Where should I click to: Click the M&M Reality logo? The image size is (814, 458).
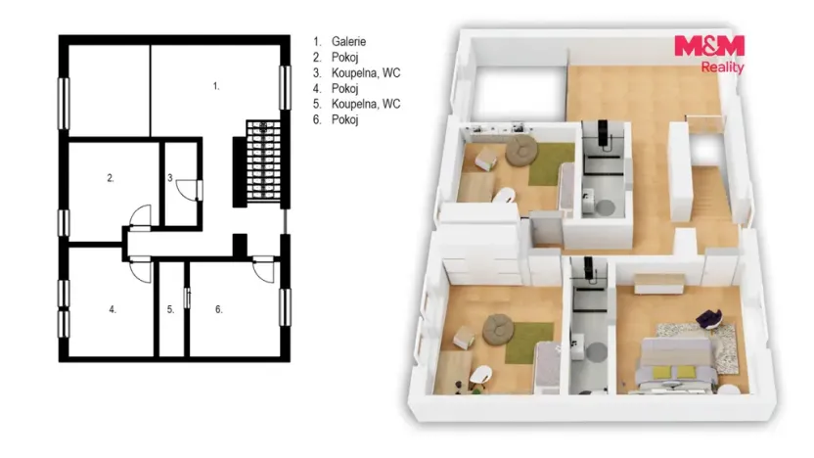[709, 54]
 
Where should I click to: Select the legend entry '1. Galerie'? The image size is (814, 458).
[339, 41]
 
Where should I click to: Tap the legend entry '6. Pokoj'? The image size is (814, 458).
[336, 119]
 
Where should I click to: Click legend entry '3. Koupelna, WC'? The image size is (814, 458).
[357, 72]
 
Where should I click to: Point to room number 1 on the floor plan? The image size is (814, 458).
[216, 86]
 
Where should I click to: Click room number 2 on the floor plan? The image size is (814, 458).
[111, 178]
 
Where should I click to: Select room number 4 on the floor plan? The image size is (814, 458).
[113, 309]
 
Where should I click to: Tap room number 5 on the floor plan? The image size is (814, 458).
[171, 309]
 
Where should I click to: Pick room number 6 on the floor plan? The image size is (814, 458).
[218, 309]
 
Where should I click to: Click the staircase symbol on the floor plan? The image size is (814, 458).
[264, 160]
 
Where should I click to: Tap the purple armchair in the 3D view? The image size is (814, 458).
[709, 318]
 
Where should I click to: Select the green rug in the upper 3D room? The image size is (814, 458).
[552, 163]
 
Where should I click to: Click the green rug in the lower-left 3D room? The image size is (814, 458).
[529, 342]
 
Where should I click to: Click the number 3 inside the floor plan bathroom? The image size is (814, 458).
[170, 178]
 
